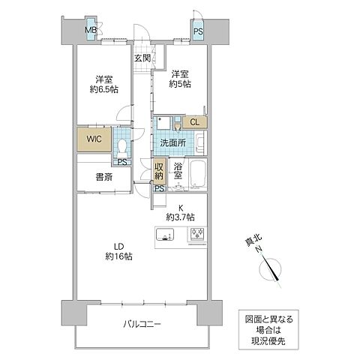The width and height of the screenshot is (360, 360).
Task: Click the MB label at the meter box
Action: coord(90,31)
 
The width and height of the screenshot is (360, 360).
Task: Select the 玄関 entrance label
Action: coord(142,57)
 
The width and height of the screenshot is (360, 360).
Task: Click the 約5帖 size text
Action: coord(179,85)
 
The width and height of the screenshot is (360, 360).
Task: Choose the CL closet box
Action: coord(194,122)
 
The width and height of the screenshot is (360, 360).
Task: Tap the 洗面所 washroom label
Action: coord(172,142)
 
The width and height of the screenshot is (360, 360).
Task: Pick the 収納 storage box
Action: coord(159,170)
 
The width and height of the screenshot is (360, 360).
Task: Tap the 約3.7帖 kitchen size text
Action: coord(181,217)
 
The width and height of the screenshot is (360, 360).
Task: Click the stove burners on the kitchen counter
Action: coord(197,235)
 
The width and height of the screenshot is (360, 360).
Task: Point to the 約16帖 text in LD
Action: coord(118,256)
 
